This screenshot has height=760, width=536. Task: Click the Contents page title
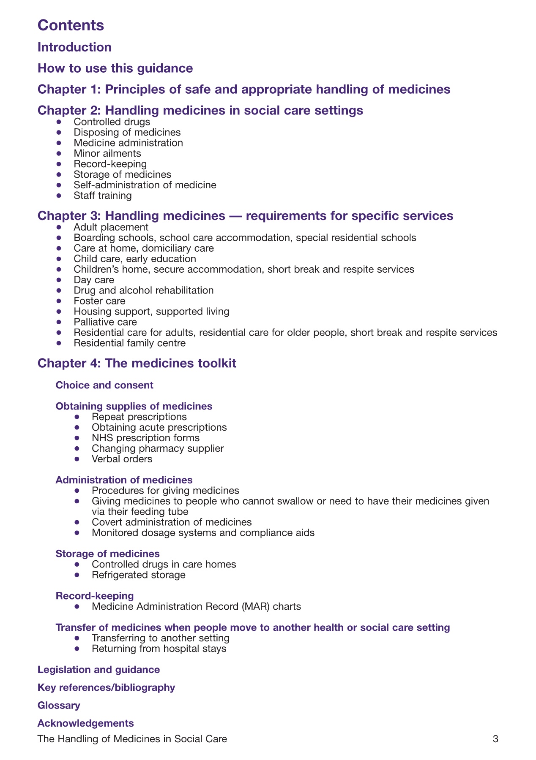[x=71, y=25]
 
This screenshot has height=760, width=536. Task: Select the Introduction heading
[x=74, y=47]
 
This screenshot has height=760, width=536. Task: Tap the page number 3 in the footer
[x=495, y=739]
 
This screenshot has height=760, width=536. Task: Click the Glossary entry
[x=59, y=706]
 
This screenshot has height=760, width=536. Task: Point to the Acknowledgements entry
[x=85, y=723]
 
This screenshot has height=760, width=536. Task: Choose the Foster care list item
[x=99, y=301]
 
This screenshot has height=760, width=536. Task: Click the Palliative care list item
[x=105, y=322]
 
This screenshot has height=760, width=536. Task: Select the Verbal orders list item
[x=122, y=459]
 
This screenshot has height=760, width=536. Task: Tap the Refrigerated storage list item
[x=138, y=575]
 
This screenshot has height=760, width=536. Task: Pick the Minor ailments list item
[x=107, y=153]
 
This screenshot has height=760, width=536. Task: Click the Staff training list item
[x=103, y=195]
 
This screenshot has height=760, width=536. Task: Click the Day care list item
[x=94, y=280]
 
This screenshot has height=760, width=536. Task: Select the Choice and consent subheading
[x=104, y=385]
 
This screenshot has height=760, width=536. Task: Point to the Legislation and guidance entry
[x=98, y=670]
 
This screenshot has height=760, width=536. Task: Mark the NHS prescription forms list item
[x=145, y=438]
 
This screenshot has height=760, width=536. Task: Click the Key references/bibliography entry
[x=106, y=688]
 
